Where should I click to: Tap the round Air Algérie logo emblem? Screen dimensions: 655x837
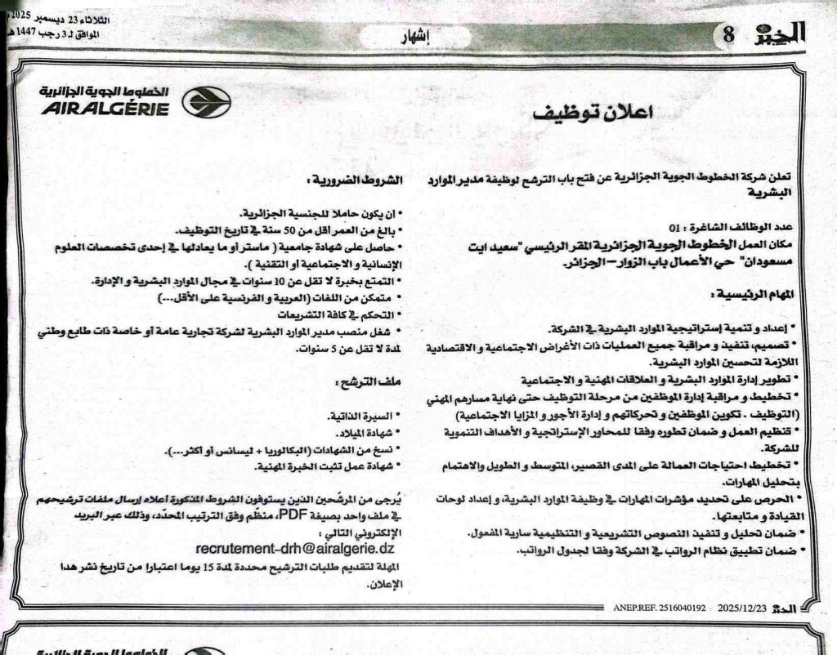(x=206, y=103)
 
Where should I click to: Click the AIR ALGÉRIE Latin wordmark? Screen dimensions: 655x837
(x=104, y=109)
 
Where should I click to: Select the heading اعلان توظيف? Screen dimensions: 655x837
(x=580, y=113)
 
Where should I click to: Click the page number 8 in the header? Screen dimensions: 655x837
(x=728, y=35)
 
